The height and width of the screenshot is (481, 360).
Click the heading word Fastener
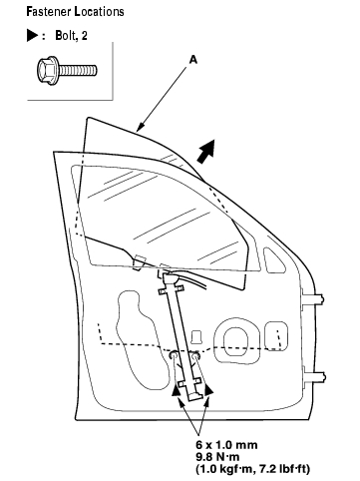coord(49,12)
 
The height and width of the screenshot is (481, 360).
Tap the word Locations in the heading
coord(100,12)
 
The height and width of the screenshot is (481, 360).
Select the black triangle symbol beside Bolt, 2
coord(33,36)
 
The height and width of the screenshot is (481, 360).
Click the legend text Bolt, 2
coord(71,36)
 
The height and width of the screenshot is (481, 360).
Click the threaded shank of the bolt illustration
coord(79,70)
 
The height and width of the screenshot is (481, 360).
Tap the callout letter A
coord(193,60)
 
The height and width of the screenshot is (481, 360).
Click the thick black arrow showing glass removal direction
coord(206,152)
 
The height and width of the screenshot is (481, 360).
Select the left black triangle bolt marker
coord(177,389)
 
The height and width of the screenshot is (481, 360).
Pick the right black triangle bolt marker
coord(208,389)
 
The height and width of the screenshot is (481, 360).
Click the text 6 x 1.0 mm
coord(226,445)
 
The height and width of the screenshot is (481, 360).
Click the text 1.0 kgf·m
coord(225,469)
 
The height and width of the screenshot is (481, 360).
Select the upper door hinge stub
coord(312,298)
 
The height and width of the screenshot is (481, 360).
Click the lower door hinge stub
coord(314,377)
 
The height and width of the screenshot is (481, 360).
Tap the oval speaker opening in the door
coord(236,341)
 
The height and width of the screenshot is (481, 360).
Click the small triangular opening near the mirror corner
coord(274,260)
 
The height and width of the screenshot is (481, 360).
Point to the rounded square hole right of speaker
coord(276,336)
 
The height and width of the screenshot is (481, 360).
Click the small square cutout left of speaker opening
coord(197,336)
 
